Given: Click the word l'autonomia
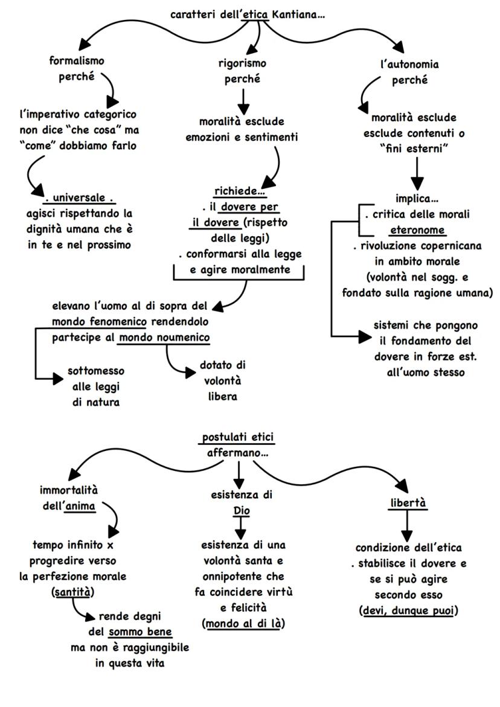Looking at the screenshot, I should [x=410, y=63].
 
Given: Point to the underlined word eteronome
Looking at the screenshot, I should [x=416, y=230].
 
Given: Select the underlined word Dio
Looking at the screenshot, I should [x=241, y=511].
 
